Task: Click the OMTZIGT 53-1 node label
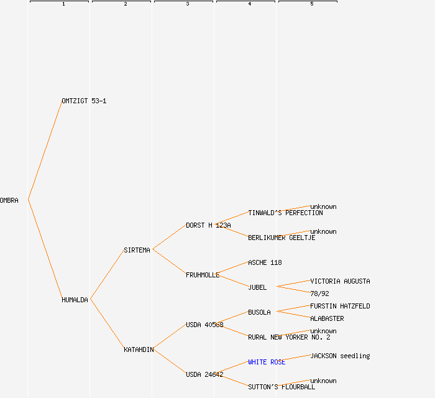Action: coord(84,101)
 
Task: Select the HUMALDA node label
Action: coord(75,300)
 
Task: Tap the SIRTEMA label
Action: coord(137,250)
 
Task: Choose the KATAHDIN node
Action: coord(139,349)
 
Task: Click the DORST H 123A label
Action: coord(208,225)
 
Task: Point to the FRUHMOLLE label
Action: coord(203,275)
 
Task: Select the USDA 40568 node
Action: coord(204,325)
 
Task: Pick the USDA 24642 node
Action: coord(204,374)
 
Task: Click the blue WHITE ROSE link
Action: coord(267,362)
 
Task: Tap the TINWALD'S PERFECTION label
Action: coord(285,213)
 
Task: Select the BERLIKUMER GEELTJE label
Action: coord(282,238)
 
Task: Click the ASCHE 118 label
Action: coord(265,262)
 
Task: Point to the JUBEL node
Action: coord(257,287)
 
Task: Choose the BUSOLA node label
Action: coord(259,312)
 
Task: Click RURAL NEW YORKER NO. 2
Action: coord(289,337)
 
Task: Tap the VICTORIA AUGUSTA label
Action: coord(340,281)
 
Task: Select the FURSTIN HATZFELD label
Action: coord(340,306)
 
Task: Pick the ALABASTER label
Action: coord(327,318)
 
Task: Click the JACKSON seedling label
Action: coord(340,356)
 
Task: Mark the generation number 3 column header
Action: coord(187,4)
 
